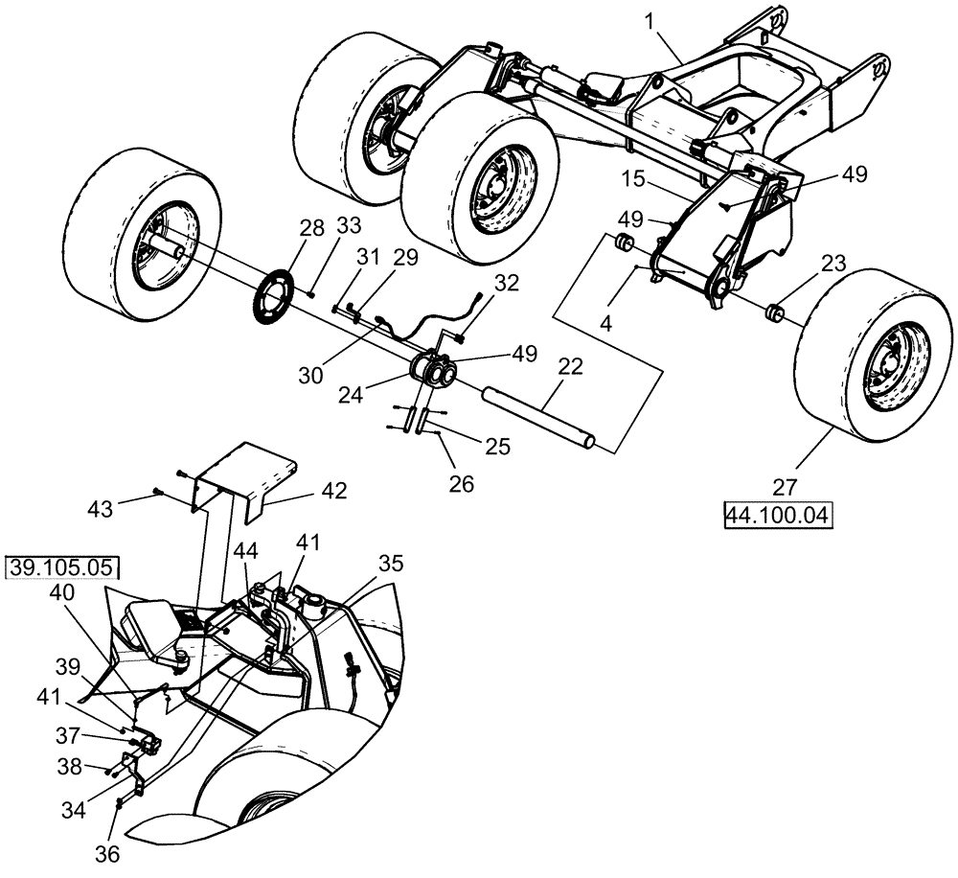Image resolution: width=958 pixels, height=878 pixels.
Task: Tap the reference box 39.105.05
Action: [63, 567]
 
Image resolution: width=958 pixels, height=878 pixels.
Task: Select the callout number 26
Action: [462, 485]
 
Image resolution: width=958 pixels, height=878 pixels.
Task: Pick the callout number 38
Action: [95, 766]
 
